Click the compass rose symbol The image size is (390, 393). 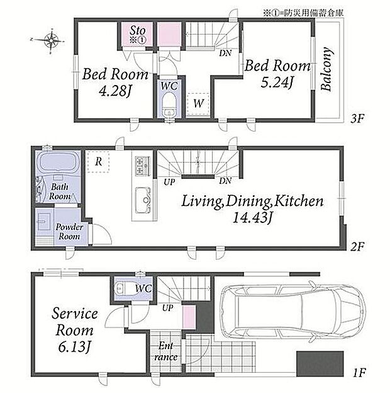click(51, 40)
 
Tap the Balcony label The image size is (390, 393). click(326, 69)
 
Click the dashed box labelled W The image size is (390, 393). click(198, 104)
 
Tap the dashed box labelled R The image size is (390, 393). click(98, 162)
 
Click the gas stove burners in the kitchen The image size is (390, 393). click(143, 166)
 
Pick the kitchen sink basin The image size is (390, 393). click(143, 200)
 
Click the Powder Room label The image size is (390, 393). click(69, 232)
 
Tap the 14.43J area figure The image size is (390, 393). click(252, 217)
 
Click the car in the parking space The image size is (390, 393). click(293, 312)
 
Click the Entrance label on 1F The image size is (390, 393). click(165, 351)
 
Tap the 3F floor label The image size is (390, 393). click(357, 118)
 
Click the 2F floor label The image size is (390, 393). click(357, 247)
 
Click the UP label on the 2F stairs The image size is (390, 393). click(169, 182)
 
